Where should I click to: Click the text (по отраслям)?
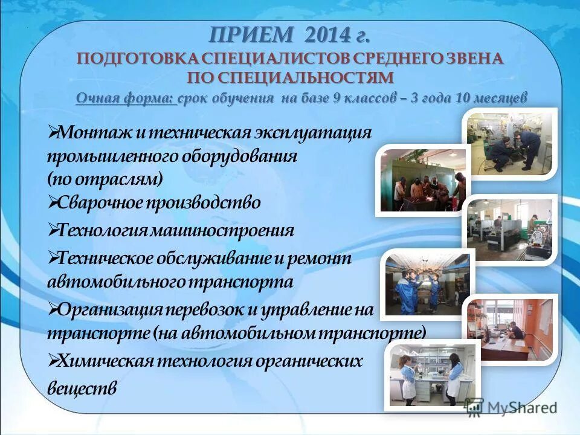click(105, 179)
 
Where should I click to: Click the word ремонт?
click(320, 258)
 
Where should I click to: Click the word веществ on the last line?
click(82, 388)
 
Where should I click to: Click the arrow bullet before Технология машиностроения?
click(53, 230)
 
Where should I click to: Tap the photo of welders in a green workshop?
click(423, 180)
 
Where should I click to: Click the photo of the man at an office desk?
click(509, 329)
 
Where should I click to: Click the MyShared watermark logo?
click(510, 407)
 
